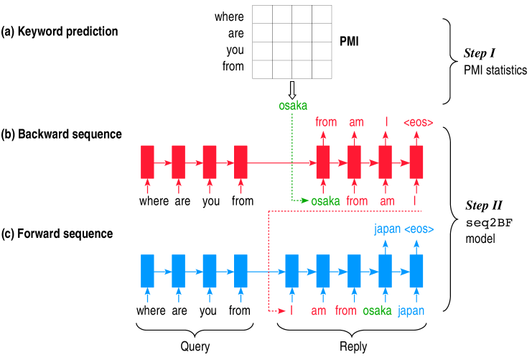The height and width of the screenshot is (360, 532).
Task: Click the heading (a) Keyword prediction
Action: (x=60, y=32)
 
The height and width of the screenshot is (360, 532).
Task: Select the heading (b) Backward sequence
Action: (x=61, y=134)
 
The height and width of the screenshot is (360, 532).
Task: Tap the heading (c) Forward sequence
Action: (x=57, y=234)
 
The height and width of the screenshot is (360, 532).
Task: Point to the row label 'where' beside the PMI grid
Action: (x=229, y=17)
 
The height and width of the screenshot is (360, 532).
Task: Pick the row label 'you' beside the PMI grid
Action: (x=234, y=50)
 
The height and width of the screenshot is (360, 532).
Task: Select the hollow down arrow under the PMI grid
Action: (x=291, y=90)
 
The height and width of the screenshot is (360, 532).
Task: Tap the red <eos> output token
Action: (x=418, y=122)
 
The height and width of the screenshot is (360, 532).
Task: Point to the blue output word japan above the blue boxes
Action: (x=387, y=230)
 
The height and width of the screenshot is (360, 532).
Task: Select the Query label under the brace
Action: (x=195, y=346)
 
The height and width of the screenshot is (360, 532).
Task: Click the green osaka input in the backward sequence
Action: (x=325, y=201)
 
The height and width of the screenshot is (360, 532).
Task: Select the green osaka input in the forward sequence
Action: (x=377, y=311)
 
